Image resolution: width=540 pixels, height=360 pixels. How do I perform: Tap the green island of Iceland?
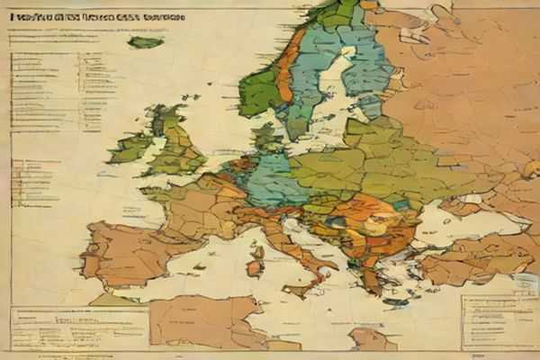[x=144, y=41]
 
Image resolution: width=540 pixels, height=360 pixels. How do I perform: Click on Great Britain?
[x=175, y=144]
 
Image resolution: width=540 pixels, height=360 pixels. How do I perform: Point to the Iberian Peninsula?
[x=130, y=252]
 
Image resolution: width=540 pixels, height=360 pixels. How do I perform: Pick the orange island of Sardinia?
[x=256, y=262]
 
